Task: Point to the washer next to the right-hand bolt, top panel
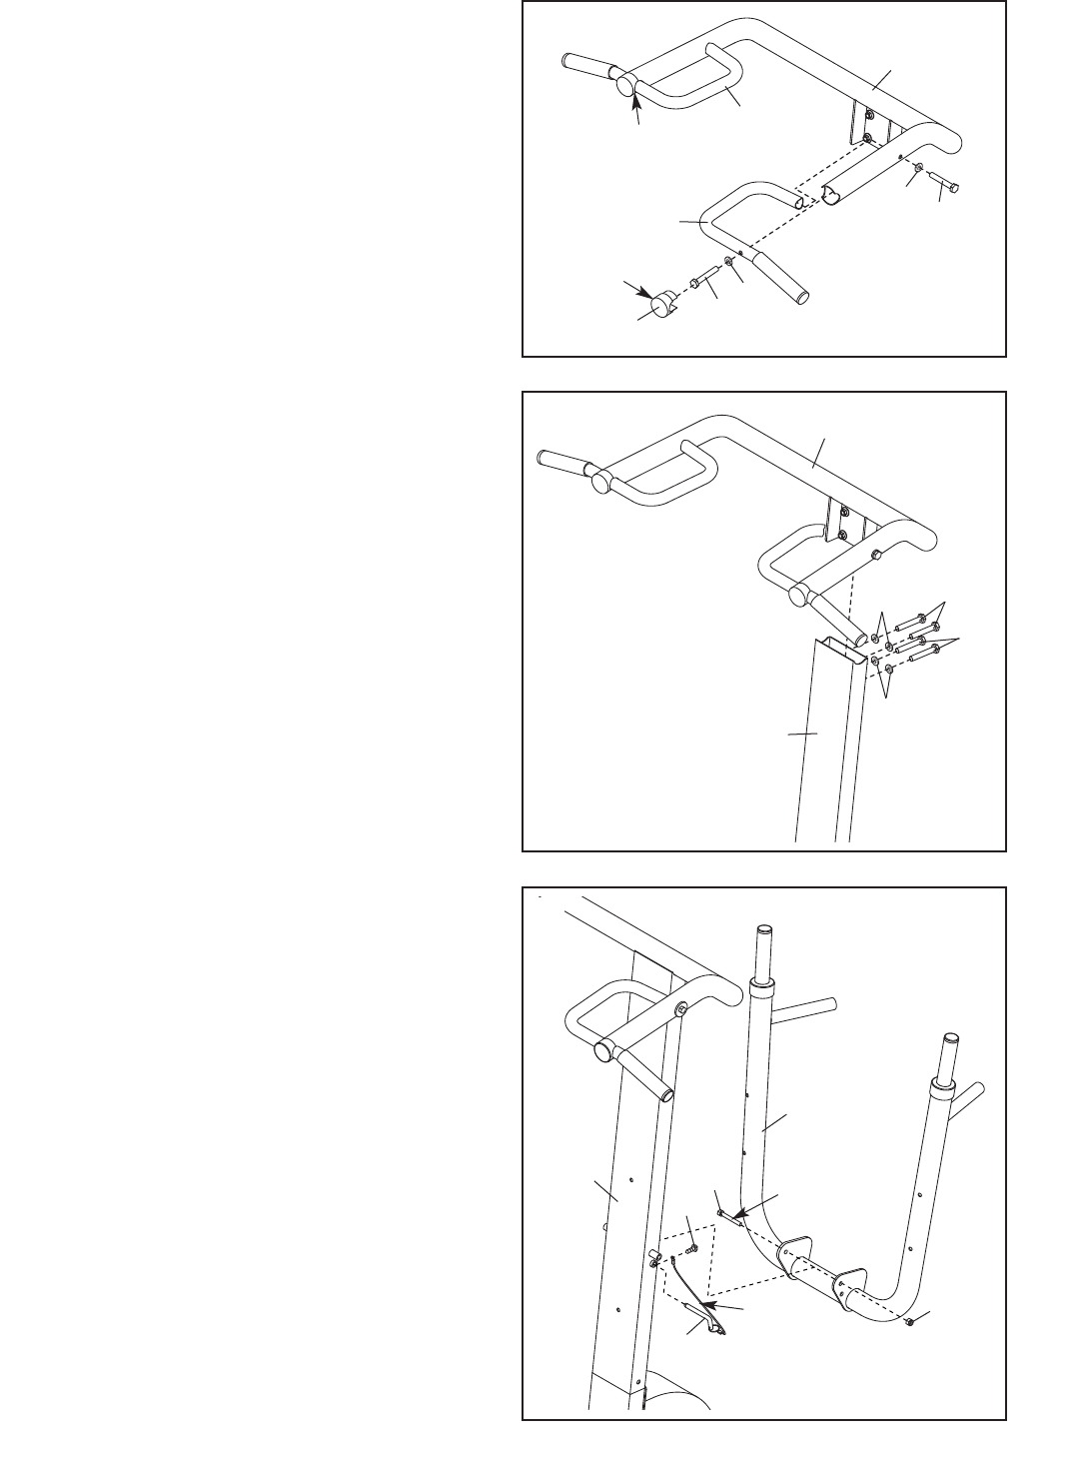pyautogui.click(x=918, y=169)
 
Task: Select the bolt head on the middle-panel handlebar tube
pyautogui.click(x=875, y=554)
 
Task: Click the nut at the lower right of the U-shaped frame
pyautogui.click(x=911, y=1322)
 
